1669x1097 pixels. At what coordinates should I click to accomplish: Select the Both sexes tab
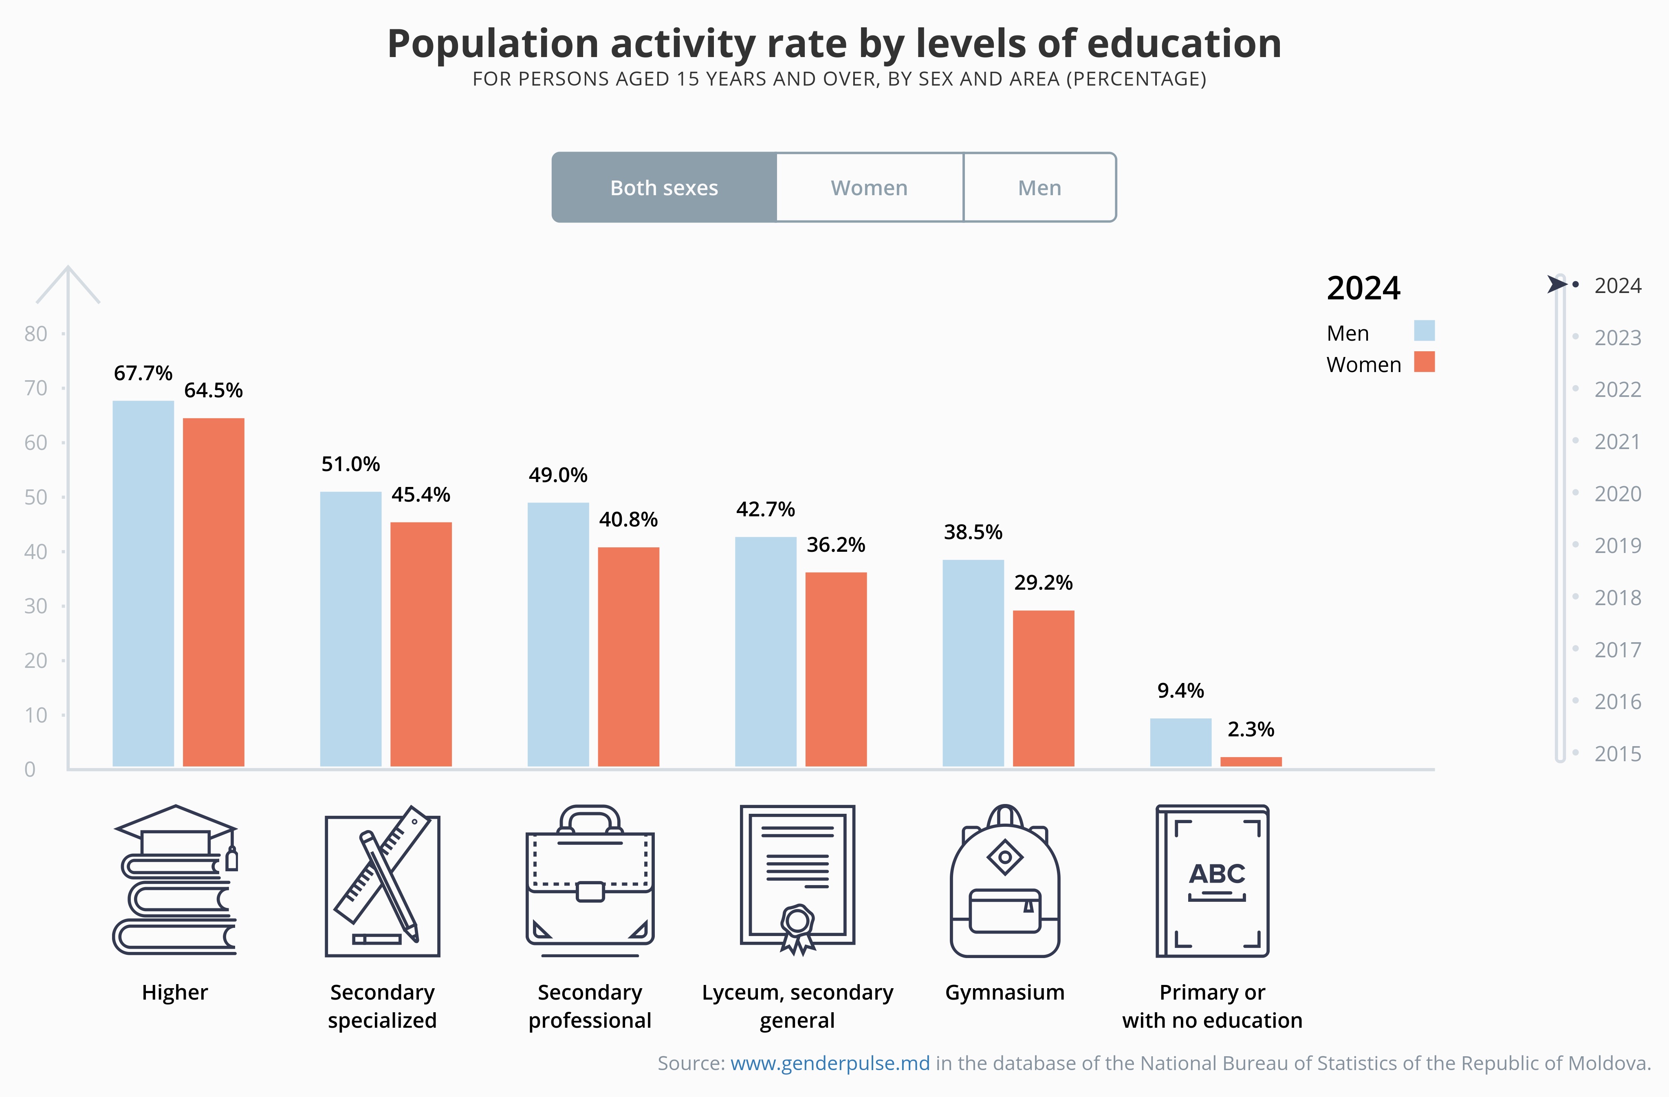click(x=664, y=188)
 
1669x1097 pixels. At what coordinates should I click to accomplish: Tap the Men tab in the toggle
click(x=1039, y=188)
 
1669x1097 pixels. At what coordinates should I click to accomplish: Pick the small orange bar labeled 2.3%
click(x=1251, y=762)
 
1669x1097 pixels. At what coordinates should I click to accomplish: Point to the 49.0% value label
click(x=558, y=476)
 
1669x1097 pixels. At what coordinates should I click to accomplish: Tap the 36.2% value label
click(x=836, y=545)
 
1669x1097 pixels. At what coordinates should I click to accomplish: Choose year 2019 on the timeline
click(x=1617, y=546)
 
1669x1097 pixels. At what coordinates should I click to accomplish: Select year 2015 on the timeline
click(x=1617, y=754)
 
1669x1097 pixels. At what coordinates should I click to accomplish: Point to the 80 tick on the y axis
click(x=36, y=334)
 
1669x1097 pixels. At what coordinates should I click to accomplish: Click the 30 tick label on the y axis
click(x=36, y=606)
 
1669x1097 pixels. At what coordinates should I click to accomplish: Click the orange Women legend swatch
click(x=1424, y=362)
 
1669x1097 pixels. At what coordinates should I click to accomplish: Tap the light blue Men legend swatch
click(x=1424, y=330)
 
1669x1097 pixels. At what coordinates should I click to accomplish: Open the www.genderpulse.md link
click(x=830, y=1063)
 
